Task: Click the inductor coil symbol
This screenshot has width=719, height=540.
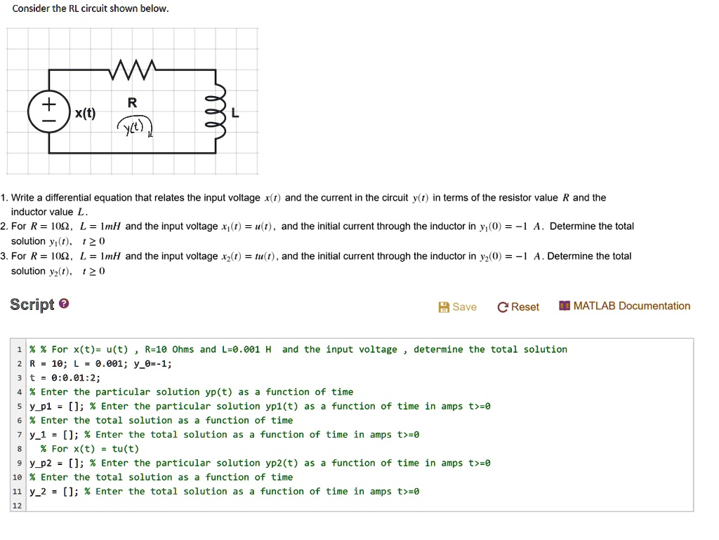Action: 218,112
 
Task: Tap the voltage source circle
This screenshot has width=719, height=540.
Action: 48,112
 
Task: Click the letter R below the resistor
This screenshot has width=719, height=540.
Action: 132,102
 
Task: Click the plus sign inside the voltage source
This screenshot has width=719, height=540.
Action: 48,104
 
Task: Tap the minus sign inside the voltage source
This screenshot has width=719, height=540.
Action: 48,121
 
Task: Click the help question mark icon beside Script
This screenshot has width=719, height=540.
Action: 64,304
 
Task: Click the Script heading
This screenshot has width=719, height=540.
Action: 32,304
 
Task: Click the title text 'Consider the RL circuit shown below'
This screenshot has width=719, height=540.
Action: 91,9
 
